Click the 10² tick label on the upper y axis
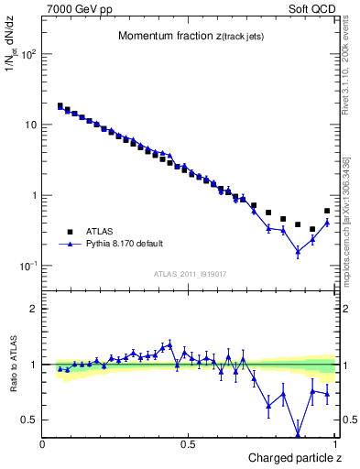(29, 54)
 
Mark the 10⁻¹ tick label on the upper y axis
(29, 266)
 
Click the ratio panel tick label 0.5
(30, 420)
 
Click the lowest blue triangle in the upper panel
(298, 251)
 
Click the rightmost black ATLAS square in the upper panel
(327, 211)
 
